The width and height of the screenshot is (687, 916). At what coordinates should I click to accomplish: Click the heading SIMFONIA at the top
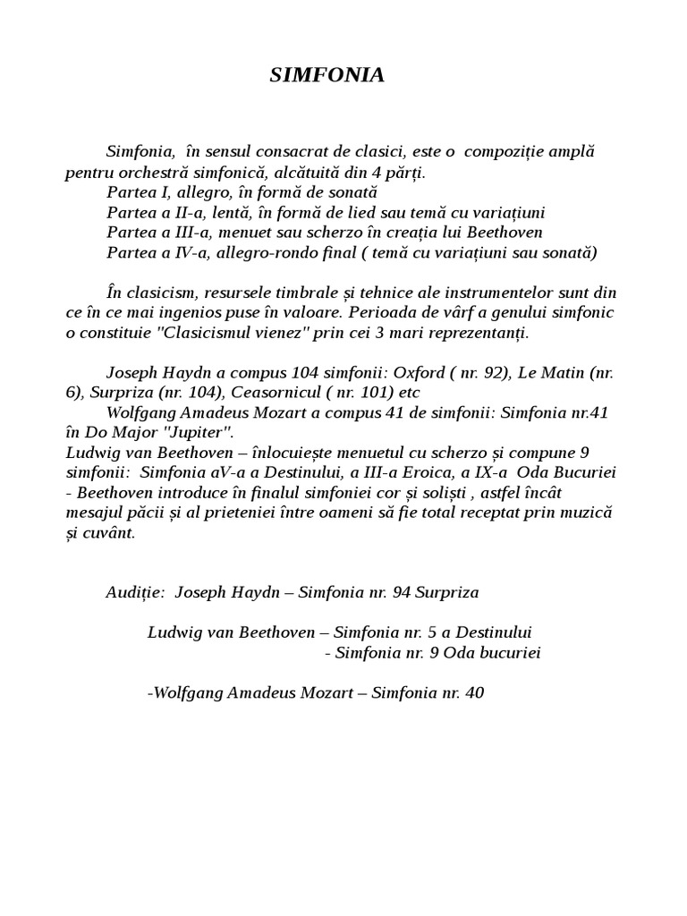tap(327, 76)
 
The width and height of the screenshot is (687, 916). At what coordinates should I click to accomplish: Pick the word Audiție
tap(135, 592)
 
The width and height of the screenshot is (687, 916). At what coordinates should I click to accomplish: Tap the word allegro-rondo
tap(290, 253)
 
